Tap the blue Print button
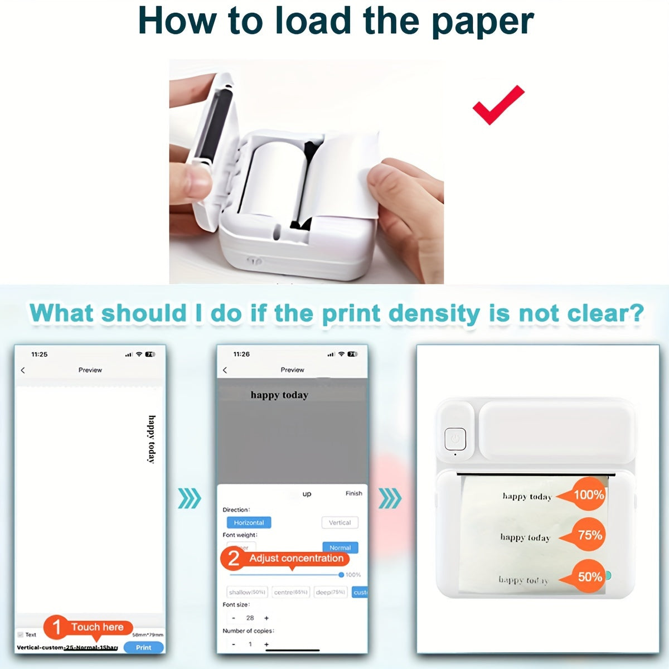[x=143, y=647]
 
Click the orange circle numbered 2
[x=234, y=558]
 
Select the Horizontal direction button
[x=249, y=522]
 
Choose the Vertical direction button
[x=340, y=522]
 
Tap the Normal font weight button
[x=340, y=547]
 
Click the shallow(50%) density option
[x=247, y=592]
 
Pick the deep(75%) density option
[x=331, y=592]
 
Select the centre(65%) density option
[x=290, y=592]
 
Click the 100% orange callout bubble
[x=588, y=495]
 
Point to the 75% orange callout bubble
[x=588, y=535]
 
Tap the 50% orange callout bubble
[x=588, y=576]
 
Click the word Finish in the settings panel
[x=353, y=493]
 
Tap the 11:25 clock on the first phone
[x=40, y=355]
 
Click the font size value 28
[x=250, y=618]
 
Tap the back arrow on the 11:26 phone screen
[x=225, y=370]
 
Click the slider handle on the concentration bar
[x=341, y=575]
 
